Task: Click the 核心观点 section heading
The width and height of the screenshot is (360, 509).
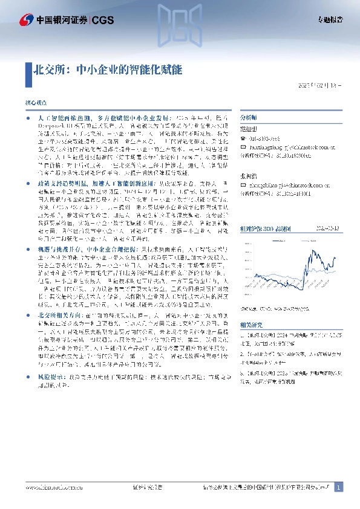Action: tap(34, 105)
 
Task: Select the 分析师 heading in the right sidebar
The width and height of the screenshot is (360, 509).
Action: tap(249, 118)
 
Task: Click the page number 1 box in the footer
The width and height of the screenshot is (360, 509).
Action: tap(339, 487)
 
